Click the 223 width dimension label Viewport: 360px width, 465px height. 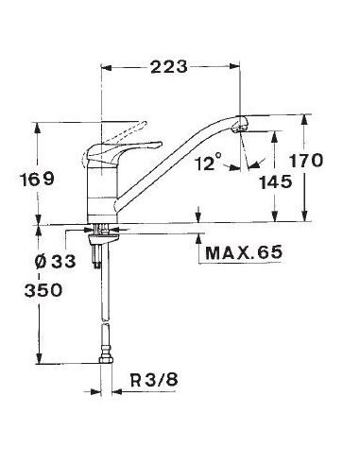point(169,67)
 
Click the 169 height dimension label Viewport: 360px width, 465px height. point(37,180)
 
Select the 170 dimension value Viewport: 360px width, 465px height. point(306,161)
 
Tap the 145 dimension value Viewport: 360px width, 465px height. point(276,182)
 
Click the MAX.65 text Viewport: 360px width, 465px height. point(244,252)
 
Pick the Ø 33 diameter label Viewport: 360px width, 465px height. point(56,261)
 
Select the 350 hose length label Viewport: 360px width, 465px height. point(43,290)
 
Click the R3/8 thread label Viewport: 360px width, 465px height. point(154,380)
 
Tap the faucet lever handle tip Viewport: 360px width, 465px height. point(160,144)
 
